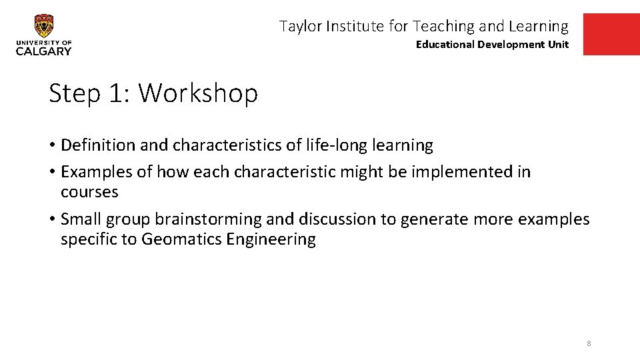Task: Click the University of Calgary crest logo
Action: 44,27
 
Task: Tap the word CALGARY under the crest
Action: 44,51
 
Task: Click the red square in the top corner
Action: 611,35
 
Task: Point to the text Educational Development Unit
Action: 492,45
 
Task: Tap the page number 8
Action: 589,343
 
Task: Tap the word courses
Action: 89,192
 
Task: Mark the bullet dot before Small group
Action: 52,219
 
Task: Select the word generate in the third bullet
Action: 428,219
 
